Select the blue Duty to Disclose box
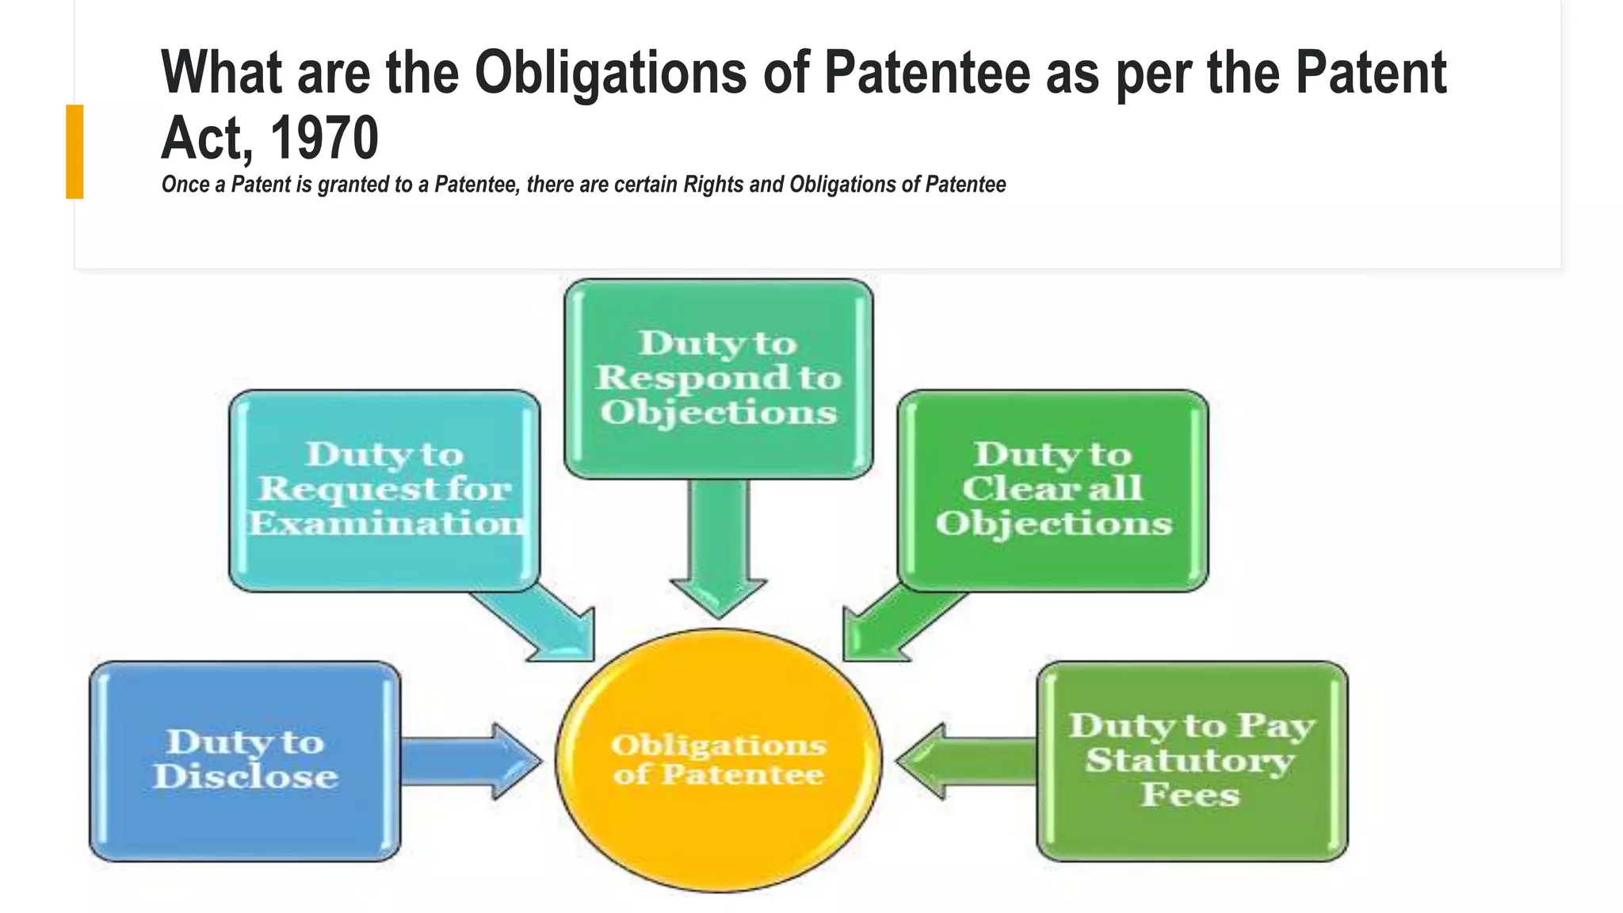pos(245,761)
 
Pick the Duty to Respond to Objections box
pos(718,379)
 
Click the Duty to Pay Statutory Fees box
pos(1191,761)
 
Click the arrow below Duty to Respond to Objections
pos(718,547)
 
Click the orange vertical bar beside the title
pos(74,151)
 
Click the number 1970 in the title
pos(324,138)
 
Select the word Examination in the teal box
pos(386,524)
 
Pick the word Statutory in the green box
pos(1189,761)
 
